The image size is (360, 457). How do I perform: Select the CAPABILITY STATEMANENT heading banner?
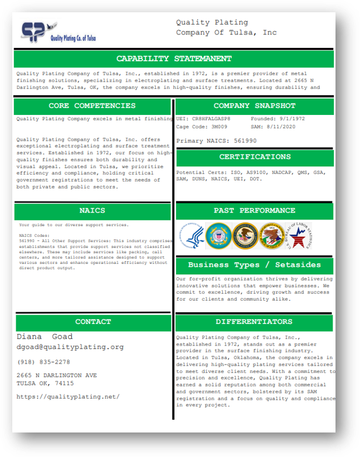point(174,59)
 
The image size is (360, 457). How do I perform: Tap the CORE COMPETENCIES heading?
point(92,106)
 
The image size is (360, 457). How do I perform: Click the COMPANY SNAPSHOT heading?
point(254,106)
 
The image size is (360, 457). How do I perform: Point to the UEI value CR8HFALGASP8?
point(211,118)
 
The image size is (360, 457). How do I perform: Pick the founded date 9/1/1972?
point(282,118)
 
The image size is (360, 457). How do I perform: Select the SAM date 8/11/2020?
point(282,127)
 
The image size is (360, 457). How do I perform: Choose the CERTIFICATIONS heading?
point(254,157)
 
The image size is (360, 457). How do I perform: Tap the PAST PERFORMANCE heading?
point(254,211)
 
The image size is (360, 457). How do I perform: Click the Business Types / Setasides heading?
point(254,265)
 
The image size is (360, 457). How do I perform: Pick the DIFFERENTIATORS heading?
point(254,322)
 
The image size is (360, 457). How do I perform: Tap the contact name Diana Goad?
point(44,337)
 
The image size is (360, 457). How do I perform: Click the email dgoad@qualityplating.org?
point(70,347)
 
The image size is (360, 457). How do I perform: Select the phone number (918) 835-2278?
point(43,362)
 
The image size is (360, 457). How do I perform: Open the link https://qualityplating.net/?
point(68,397)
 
